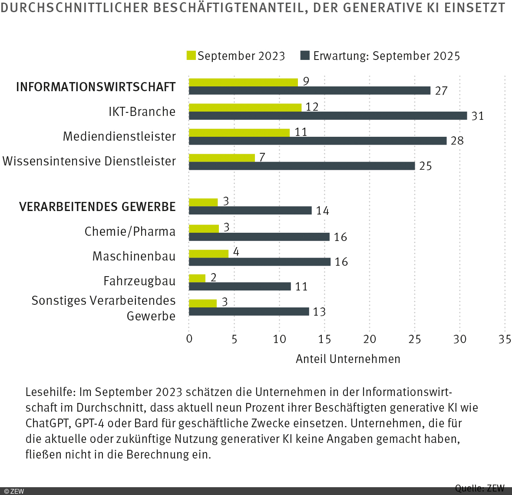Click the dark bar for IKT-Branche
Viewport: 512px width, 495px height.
tap(328, 116)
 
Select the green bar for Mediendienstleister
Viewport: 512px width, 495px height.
tap(239, 132)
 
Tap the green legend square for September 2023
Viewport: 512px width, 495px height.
tap(191, 56)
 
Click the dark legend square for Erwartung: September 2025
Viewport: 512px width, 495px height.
tap(305, 56)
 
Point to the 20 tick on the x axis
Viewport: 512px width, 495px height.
tap(370, 339)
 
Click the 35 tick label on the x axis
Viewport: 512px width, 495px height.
tap(505, 339)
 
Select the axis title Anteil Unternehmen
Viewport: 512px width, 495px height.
tap(348, 359)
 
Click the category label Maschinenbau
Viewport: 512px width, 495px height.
tap(134, 256)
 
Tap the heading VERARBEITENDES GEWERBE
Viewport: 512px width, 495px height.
tap(97, 207)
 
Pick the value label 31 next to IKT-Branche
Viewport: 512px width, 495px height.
tap(478, 116)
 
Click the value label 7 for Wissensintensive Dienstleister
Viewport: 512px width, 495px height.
tap(262, 157)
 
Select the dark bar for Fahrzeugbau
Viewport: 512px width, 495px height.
tap(240, 287)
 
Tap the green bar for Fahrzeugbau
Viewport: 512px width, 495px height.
tap(197, 278)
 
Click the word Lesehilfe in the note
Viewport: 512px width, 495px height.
tap(50, 392)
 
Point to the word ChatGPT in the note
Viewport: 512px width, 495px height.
tap(47, 423)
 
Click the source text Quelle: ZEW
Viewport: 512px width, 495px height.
tap(479, 488)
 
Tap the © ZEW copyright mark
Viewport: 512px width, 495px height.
tap(14, 491)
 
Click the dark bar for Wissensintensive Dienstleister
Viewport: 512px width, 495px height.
tap(302, 166)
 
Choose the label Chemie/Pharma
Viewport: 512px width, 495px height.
tap(130, 231)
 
